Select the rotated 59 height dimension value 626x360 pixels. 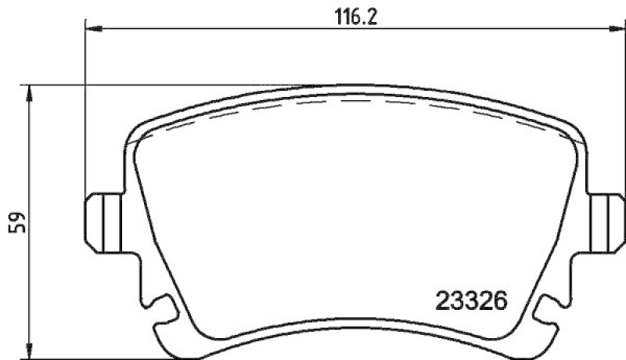(x=16, y=221)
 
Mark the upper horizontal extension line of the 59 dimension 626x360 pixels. (x=156, y=85)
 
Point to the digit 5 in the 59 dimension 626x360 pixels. (x=16, y=229)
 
